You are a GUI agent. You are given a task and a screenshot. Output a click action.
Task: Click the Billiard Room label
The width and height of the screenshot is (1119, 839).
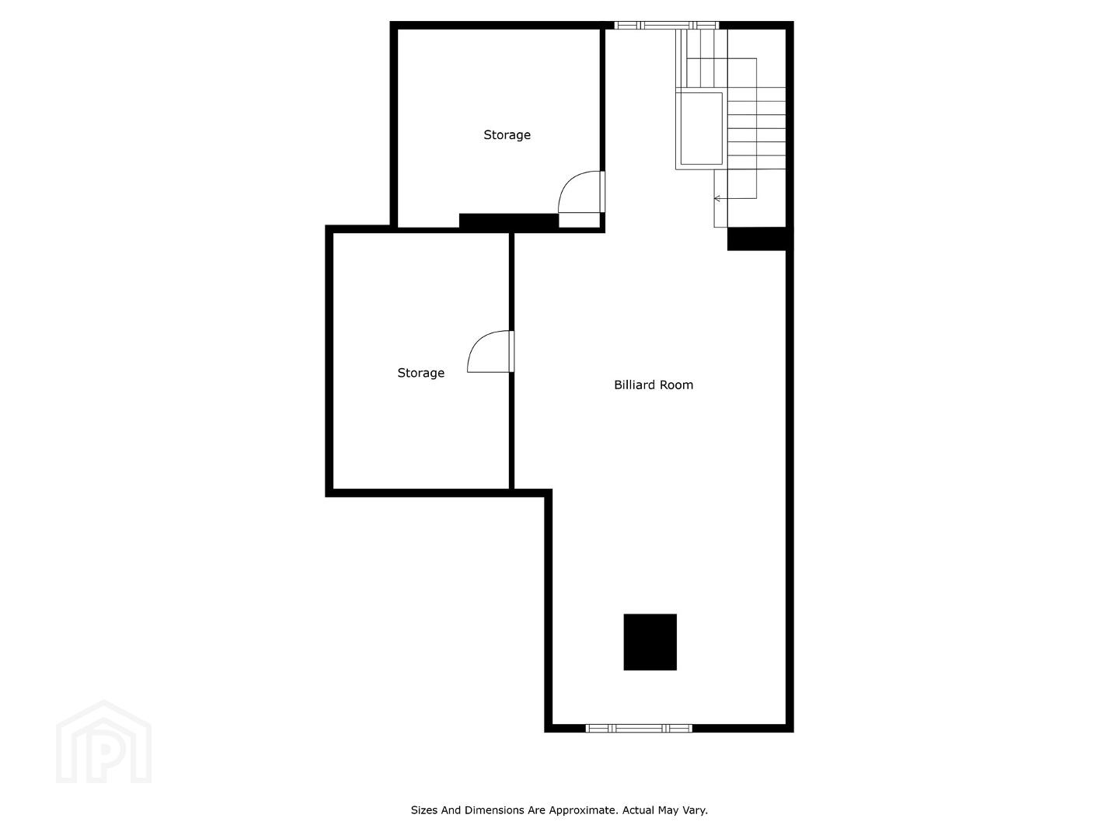(653, 385)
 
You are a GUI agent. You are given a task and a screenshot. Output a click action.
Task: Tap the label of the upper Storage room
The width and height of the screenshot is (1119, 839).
(507, 135)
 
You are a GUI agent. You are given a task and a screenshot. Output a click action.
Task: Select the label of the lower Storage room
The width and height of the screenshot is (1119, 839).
(420, 373)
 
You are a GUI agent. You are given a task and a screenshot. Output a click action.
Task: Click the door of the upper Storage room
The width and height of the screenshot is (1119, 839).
(581, 192)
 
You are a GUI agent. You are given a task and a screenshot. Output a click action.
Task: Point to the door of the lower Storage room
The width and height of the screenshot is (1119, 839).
(490, 351)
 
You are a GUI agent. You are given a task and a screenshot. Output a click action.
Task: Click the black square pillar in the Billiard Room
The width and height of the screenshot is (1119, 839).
(650, 642)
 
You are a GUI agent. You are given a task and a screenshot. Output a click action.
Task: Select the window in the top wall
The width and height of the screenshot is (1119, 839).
(666, 25)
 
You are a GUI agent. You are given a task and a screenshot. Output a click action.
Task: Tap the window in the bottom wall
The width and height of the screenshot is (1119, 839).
(638, 729)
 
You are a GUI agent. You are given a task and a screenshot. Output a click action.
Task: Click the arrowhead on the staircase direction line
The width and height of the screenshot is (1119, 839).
(716, 198)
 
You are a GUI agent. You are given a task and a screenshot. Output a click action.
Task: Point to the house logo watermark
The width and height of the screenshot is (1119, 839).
(103, 743)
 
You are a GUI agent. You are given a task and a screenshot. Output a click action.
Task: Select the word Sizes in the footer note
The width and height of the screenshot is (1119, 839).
(424, 810)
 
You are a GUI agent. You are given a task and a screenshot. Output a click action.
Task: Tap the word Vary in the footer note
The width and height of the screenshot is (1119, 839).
(695, 810)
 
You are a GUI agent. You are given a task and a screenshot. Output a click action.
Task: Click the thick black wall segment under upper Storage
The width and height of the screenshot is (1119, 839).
(509, 221)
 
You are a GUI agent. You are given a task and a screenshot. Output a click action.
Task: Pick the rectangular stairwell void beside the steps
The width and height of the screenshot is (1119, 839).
(701, 128)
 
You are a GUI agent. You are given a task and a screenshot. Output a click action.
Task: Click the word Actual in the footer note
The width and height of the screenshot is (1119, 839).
(638, 810)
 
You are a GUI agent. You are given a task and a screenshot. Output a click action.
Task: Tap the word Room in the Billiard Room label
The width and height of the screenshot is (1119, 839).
(675, 385)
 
